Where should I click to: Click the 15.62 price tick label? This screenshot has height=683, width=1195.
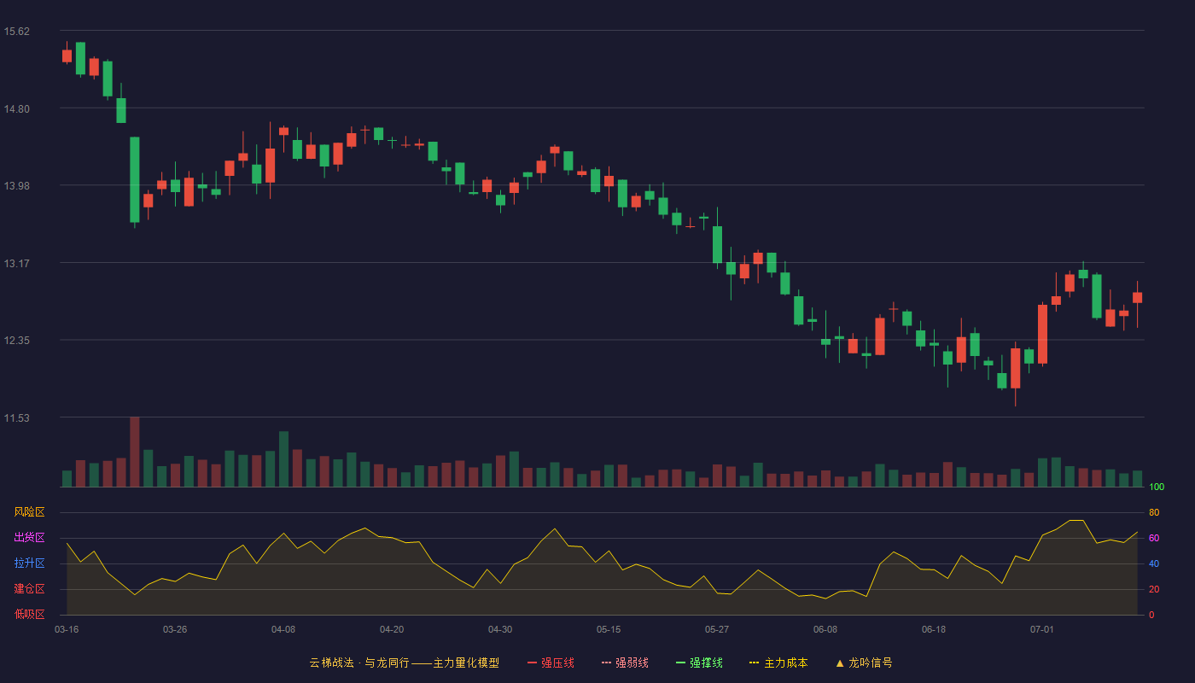pyautogui.click(x=16, y=32)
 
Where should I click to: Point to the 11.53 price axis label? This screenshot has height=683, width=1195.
pyautogui.click(x=16, y=417)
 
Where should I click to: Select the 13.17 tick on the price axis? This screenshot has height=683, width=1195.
pyautogui.click(x=16, y=264)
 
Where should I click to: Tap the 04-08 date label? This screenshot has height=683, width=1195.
pyautogui.click(x=283, y=630)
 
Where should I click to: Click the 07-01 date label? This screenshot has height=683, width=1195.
pyautogui.click(x=1042, y=630)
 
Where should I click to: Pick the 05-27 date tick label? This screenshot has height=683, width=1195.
pyautogui.click(x=716, y=630)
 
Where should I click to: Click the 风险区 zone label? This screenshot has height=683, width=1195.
pyautogui.click(x=29, y=512)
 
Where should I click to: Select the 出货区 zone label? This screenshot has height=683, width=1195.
pyautogui.click(x=29, y=537)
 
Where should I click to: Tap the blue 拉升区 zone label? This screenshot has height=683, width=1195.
pyautogui.click(x=29, y=563)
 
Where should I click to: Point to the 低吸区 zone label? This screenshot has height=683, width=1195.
pyautogui.click(x=29, y=614)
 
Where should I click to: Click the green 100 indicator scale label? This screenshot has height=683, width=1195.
pyautogui.click(x=1157, y=487)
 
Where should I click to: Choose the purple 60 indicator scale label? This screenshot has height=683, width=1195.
pyautogui.click(x=1154, y=538)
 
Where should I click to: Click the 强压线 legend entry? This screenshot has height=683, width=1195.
pyautogui.click(x=551, y=663)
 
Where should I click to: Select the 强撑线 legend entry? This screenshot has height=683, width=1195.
pyautogui.click(x=699, y=663)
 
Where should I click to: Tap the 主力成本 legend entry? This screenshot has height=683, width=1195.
pyautogui.click(x=778, y=663)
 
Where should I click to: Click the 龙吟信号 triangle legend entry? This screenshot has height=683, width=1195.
pyautogui.click(x=864, y=663)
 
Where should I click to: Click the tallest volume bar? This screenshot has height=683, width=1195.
pyautogui.click(x=135, y=452)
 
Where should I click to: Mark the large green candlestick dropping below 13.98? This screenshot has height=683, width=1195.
pyautogui.click(x=135, y=180)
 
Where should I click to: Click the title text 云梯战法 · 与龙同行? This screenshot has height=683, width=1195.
pyautogui.click(x=359, y=663)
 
